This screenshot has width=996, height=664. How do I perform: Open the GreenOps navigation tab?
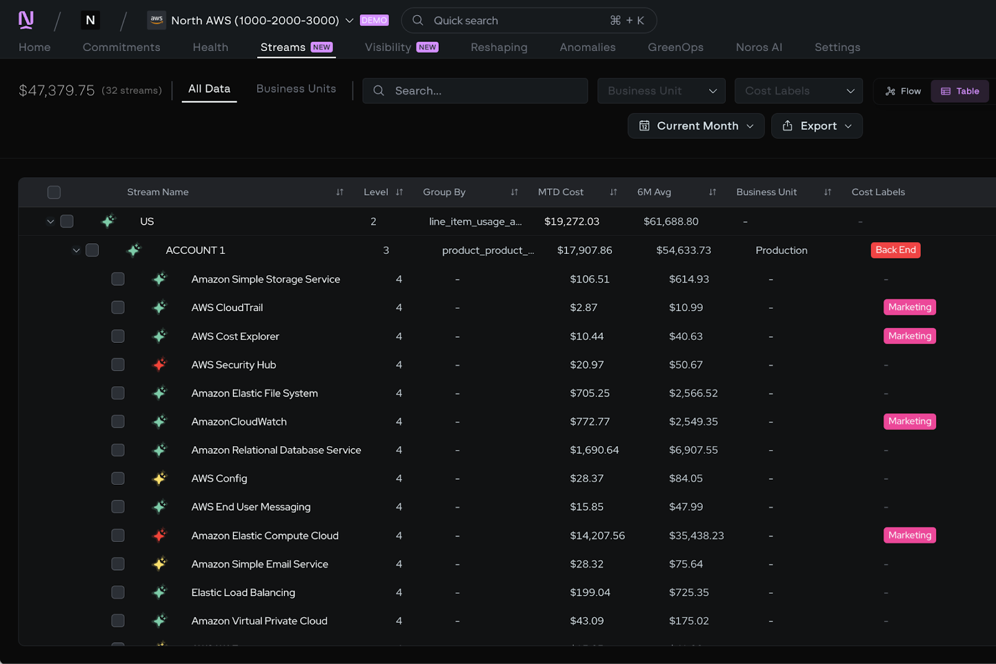click(675, 47)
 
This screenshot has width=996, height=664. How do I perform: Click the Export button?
click(817, 126)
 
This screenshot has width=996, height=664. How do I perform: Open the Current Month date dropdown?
click(696, 126)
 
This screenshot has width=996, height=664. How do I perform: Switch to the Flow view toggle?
click(903, 91)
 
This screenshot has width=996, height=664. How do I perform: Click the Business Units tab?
click(296, 89)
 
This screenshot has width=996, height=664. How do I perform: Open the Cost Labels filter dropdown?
click(798, 91)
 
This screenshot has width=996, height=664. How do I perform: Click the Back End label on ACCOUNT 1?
click(895, 250)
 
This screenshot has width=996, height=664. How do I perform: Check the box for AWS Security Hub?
click(118, 365)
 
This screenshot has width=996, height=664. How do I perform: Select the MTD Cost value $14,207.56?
click(597, 536)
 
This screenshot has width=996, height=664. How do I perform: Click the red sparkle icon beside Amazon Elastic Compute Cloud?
click(160, 535)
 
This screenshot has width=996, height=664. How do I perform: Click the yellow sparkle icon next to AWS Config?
click(160, 478)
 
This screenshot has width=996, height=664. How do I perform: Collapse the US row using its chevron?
click(50, 222)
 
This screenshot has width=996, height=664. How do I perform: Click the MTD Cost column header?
click(560, 192)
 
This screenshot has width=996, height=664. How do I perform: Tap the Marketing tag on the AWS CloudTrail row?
click(909, 307)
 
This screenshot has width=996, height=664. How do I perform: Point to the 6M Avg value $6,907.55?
click(693, 450)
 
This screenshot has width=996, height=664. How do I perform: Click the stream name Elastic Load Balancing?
click(243, 592)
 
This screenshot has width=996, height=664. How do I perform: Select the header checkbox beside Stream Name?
click(54, 192)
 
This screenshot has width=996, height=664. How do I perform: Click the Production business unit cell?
click(781, 250)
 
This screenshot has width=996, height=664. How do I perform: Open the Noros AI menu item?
click(759, 47)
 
